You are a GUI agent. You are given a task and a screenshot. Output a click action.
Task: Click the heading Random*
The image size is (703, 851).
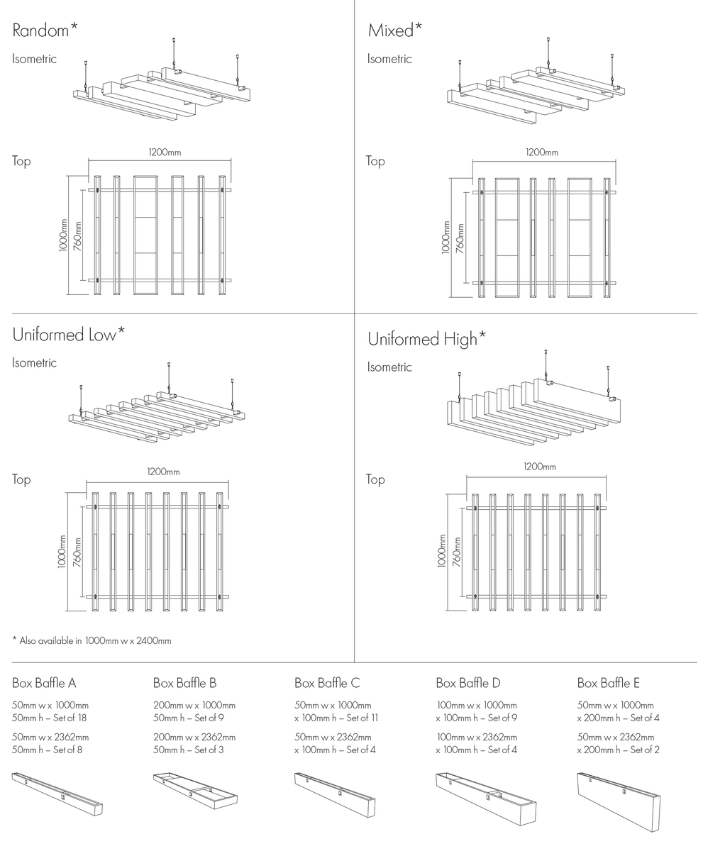[44, 30]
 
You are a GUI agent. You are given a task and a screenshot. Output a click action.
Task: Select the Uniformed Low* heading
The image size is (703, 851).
[69, 334]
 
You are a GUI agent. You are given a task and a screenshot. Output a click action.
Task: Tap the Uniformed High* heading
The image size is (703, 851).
[426, 339]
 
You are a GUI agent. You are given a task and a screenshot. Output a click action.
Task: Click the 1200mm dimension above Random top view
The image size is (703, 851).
[164, 151]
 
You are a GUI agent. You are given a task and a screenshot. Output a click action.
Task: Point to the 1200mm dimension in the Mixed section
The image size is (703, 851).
[542, 152]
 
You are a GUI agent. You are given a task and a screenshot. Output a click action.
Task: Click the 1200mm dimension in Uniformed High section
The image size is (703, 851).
[540, 467]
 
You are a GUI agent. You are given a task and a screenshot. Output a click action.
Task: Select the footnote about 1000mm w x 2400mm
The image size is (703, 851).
[92, 640]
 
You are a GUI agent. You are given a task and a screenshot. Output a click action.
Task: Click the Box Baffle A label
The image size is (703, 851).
[44, 683]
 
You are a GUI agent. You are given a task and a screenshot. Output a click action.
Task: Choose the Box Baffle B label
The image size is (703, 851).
[185, 683]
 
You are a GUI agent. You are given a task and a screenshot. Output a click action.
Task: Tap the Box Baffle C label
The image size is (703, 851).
[327, 683]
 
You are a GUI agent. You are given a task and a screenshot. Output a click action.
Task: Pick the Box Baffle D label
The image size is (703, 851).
[468, 683]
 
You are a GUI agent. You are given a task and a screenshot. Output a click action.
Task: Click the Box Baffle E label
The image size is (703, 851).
[609, 683]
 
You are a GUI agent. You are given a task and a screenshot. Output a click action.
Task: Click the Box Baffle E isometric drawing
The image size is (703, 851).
[619, 801]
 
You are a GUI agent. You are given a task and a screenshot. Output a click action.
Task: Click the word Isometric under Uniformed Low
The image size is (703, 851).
[34, 363]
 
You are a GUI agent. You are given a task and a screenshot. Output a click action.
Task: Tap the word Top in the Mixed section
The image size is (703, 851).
[375, 161]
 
